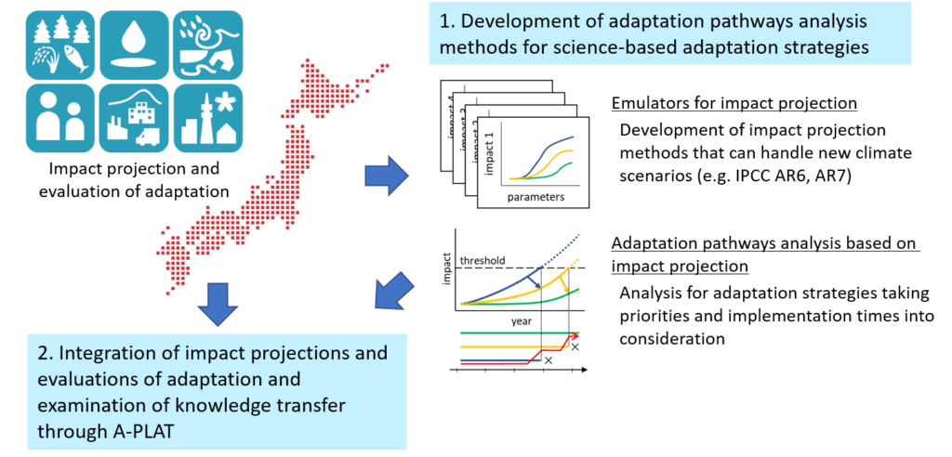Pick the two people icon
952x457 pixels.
(x=59, y=118)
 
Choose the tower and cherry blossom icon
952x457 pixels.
(x=208, y=118)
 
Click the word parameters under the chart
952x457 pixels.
(x=535, y=198)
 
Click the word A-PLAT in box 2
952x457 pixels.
(x=107, y=431)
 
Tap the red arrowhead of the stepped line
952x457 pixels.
(x=575, y=337)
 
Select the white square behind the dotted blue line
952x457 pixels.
(x=561, y=247)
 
